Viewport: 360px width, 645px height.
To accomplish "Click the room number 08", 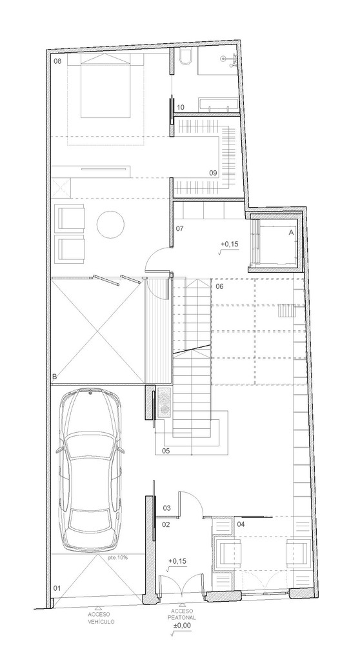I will coord(57,61).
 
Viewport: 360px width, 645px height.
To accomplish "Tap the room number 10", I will coord(181,107).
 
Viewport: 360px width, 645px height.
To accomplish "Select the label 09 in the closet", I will coord(212,172).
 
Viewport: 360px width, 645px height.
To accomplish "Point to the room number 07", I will coord(180,228).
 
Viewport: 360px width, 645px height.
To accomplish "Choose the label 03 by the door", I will coord(166,508).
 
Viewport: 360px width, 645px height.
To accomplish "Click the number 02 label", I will coord(165,524).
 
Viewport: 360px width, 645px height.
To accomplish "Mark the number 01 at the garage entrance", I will coord(57,588).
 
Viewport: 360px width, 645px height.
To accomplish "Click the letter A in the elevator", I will coord(291,231).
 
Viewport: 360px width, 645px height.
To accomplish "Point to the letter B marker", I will coord(55,377).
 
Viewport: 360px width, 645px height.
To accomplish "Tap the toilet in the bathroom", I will coord(185,60).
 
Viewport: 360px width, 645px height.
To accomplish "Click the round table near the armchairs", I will coord(110,226).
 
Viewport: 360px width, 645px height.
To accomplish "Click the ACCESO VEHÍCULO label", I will coord(102,617).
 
